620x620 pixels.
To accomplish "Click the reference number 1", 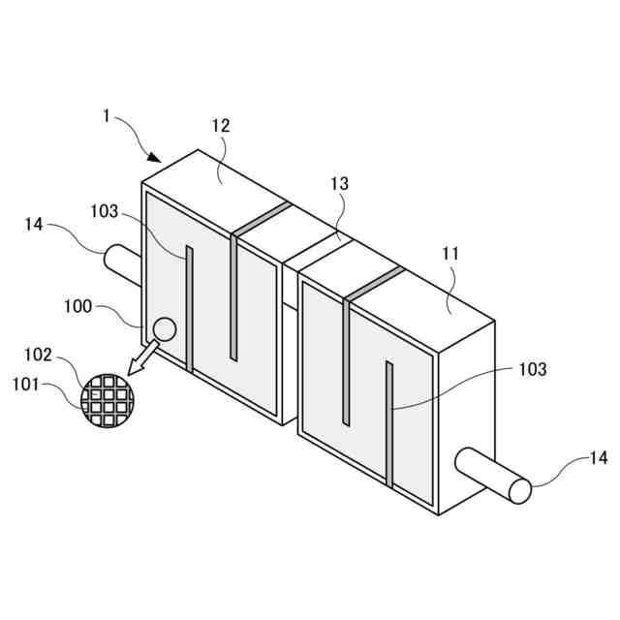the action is point(106,115).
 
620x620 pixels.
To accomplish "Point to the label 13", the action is point(339,183).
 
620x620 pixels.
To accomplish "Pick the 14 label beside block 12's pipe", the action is point(34,225).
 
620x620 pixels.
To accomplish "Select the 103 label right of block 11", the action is point(533,369).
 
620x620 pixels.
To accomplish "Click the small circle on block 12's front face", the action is point(164,329).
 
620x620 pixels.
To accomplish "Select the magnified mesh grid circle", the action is point(106,399).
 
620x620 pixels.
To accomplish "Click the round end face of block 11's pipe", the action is point(520,490).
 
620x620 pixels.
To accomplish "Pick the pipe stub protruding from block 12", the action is point(122,262).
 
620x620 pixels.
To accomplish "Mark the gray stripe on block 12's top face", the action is point(261,219).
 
